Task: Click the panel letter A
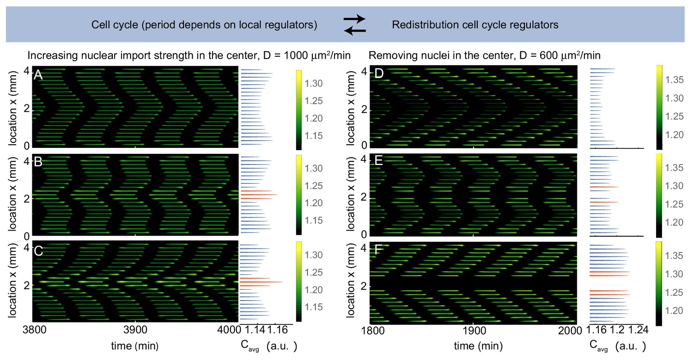point(38,75)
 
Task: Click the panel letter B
point(38,163)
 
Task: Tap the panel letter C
point(38,250)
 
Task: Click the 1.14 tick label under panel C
point(253,329)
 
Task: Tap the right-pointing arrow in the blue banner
point(355,19)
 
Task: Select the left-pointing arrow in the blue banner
point(355,31)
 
